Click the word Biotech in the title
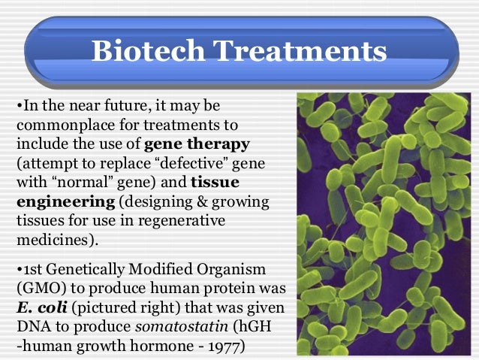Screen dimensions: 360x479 pyautogui.click(x=144, y=51)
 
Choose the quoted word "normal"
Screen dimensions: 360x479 pyautogui.click(x=75, y=182)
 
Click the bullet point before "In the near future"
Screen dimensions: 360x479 pyautogui.click(x=18, y=104)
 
